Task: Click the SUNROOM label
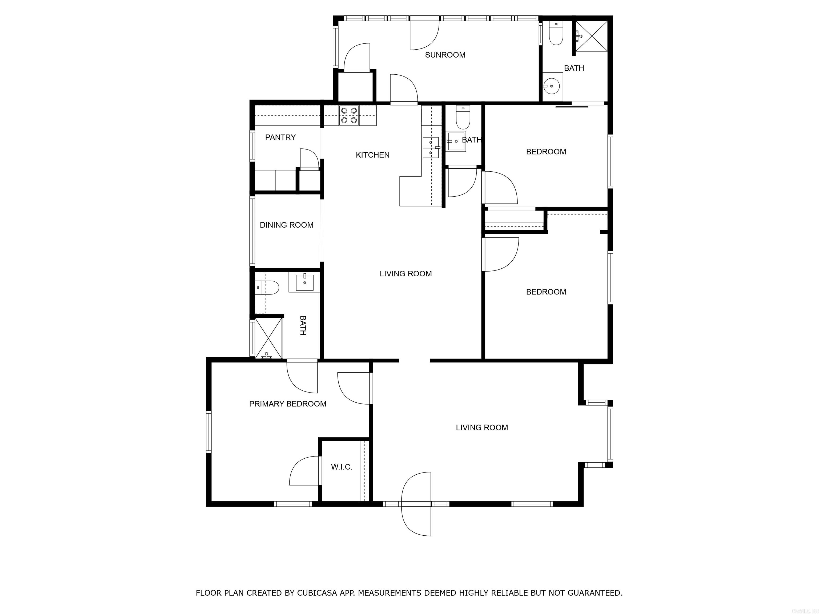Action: tap(445, 55)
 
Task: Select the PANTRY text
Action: tap(280, 137)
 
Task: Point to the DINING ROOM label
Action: tap(287, 225)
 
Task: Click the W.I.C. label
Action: tap(341, 467)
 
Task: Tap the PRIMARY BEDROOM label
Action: tap(288, 404)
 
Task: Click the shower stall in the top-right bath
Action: tap(591, 36)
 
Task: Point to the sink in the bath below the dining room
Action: tap(305, 282)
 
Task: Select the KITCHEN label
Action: tap(372, 155)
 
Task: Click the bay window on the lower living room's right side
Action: tap(610, 433)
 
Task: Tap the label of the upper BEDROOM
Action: tap(546, 152)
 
